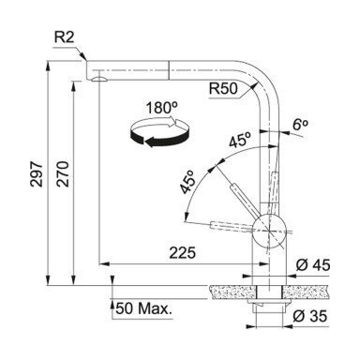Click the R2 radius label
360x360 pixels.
pyautogui.click(x=65, y=37)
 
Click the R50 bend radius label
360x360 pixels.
pyautogui.click(x=223, y=89)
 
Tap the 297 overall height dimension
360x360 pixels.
pyautogui.click(x=37, y=174)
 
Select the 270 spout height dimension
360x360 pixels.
pyautogui.click(x=63, y=174)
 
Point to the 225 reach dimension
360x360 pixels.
pyautogui.click(x=182, y=252)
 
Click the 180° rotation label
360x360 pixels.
pyautogui.click(x=161, y=108)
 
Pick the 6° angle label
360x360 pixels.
pyautogui.click(x=300, y=125)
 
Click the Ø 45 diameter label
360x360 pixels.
pyautogui.click(x=313, y=265)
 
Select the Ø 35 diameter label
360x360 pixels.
pyautogui.click(x=310, y=316)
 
